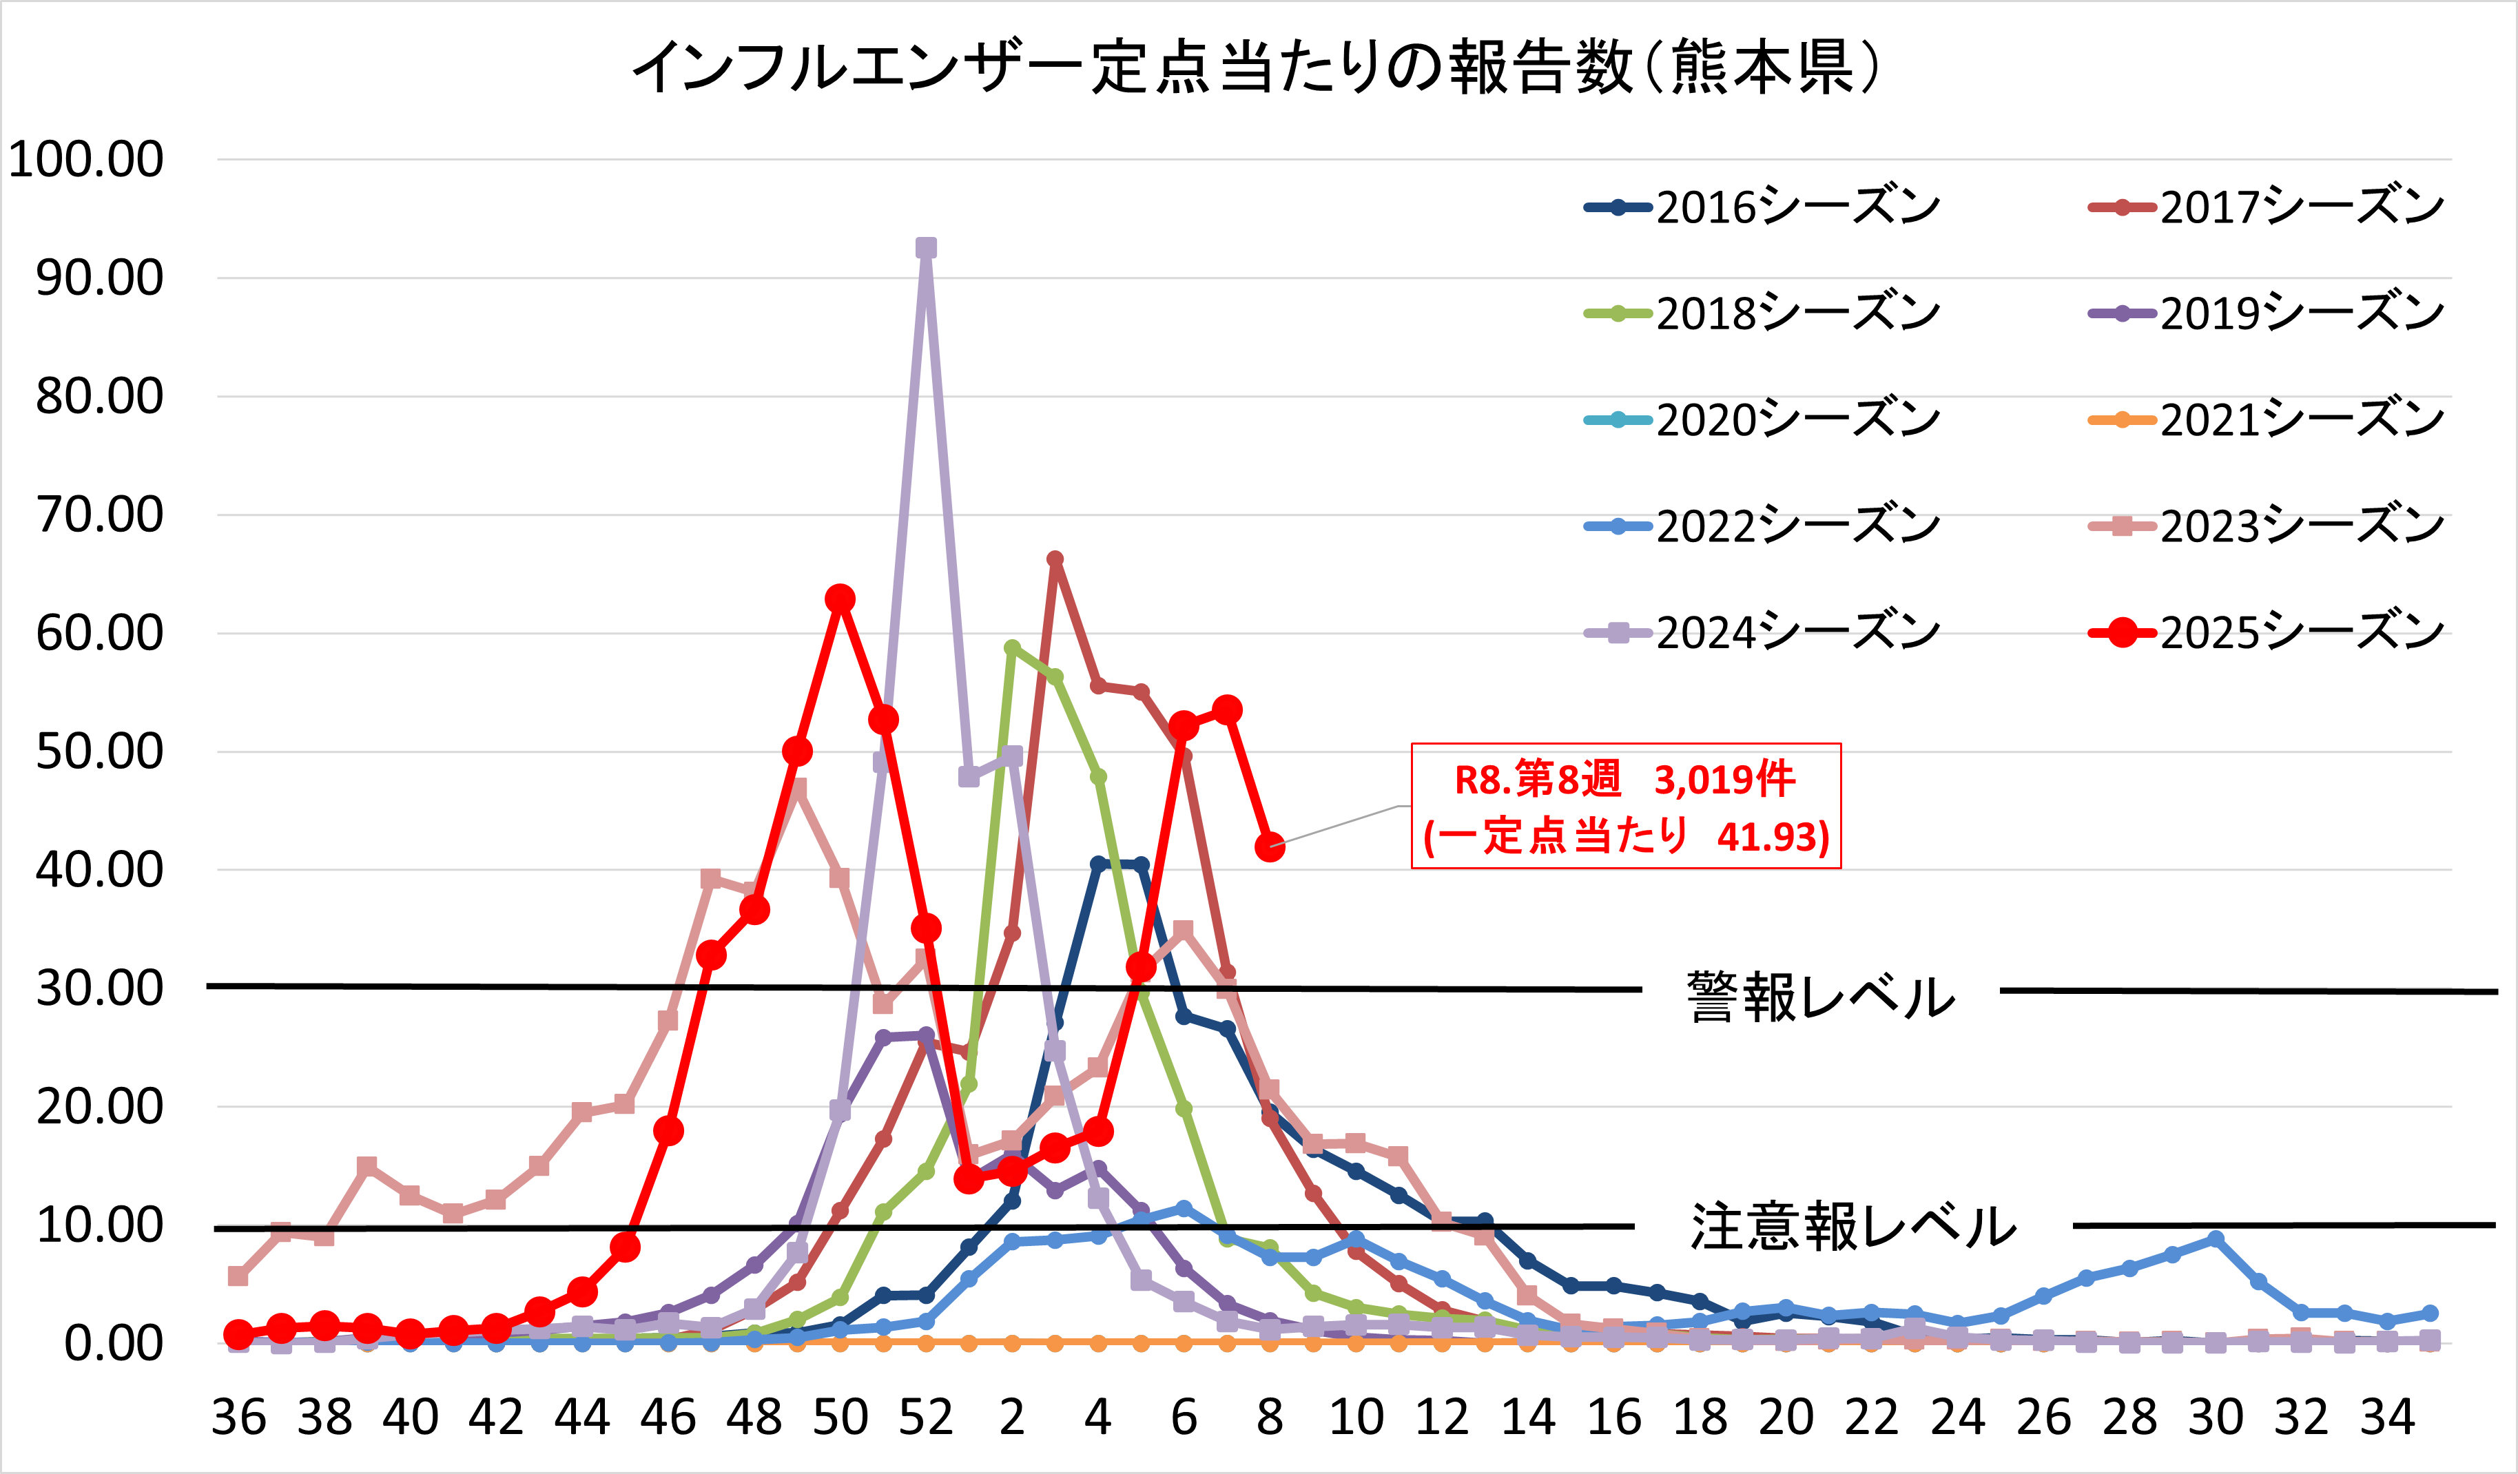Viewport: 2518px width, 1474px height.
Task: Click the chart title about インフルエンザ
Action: tap(1257, 68)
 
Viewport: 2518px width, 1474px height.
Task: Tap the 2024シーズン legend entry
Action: tap(1764, 632)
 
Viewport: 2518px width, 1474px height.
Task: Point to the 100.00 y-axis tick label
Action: tap(86, 160)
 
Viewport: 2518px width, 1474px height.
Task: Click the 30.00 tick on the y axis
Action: tap(99, 988)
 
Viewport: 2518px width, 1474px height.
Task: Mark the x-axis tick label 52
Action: tap(925, 1417)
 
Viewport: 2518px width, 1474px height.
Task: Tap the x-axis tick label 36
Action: tap(239, 1417)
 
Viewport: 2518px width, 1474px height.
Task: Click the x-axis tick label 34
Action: tap(2387, 1417)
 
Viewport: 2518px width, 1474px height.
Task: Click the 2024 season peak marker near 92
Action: tap(927, 248)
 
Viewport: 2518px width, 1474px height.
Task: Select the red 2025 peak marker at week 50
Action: tap(839, 599)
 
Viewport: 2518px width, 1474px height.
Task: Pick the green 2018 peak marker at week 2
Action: tap(1012, 647)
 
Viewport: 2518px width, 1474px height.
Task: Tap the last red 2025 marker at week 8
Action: tap(1269, 847)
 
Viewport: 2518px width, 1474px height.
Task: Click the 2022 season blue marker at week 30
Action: tap(2216, 1238)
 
